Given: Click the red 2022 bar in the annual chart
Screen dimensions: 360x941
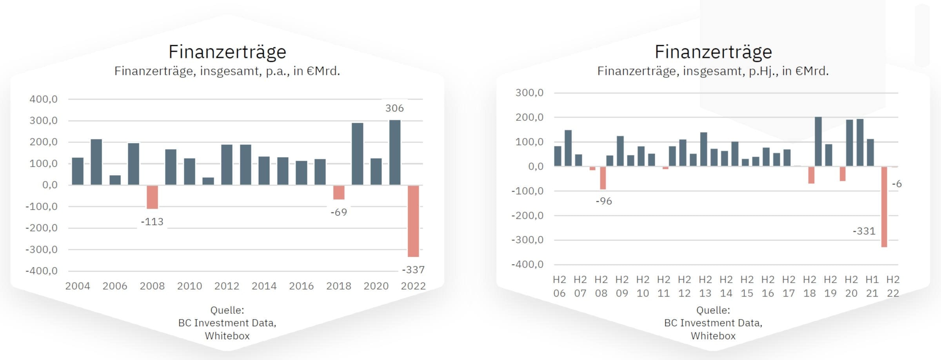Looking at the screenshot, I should click(x=413, y=221).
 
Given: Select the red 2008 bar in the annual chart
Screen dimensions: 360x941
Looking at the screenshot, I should click(x=152, y=197).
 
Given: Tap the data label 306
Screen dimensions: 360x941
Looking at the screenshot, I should click(x=394, y=108).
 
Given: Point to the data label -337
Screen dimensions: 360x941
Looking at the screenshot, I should click(x=413, y=270).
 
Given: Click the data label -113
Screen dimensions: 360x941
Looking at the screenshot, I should click(x=152, y=222).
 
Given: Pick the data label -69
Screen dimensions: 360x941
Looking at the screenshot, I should click(x=339, y=213).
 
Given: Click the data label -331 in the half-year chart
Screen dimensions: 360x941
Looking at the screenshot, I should click(x=864, y=231).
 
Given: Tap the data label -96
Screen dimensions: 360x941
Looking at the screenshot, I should click(x=604, y=201).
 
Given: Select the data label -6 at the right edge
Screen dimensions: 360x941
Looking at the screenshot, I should click(x=897, y=184).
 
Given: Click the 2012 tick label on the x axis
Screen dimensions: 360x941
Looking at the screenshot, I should click(x=227, y=286).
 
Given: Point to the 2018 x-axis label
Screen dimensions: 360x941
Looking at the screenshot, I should click(x=339, y=286).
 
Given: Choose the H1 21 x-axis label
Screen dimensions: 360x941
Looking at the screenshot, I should click(x=872, y=286).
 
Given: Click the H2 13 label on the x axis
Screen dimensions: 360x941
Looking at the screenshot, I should click(x=705, y=286).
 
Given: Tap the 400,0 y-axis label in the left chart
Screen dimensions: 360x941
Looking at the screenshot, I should click(x=44, y=99).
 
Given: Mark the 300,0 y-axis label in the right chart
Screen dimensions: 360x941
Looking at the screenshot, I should click(x=529, y=93).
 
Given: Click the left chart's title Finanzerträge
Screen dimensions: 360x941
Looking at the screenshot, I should click(x=227, y=52).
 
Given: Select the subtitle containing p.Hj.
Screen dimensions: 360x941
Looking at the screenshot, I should click(x=713, y=71).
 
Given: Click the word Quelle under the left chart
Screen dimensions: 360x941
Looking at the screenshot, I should click(x=227, y=310).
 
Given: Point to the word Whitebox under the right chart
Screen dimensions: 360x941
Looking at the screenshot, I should click(x=713, y=336).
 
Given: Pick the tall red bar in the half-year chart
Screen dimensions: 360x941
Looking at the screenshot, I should click(x=884, y=207).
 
